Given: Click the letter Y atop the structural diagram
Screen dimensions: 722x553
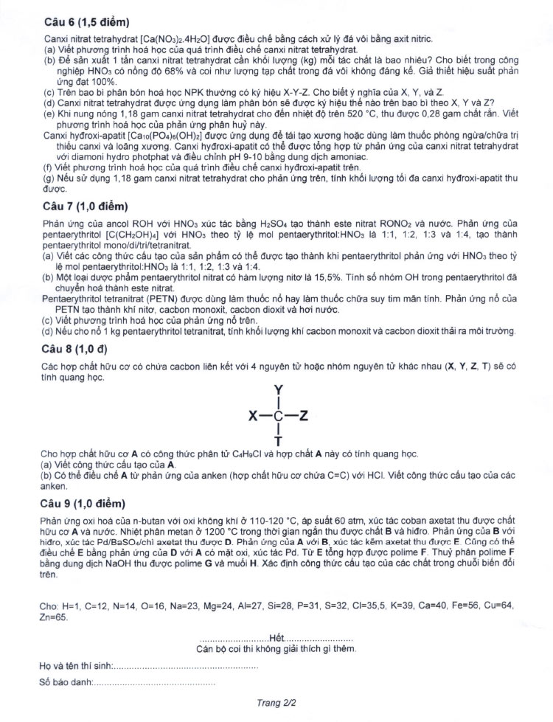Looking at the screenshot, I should tap(278, 389).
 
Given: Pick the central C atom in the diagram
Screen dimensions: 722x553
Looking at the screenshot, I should tap(278, 416).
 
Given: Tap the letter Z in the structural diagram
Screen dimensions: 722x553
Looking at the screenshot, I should tap(304, 416).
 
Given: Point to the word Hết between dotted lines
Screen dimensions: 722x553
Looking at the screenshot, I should tap(276, 636).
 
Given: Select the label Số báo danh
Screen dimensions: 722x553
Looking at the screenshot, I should tap(66, 683).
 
